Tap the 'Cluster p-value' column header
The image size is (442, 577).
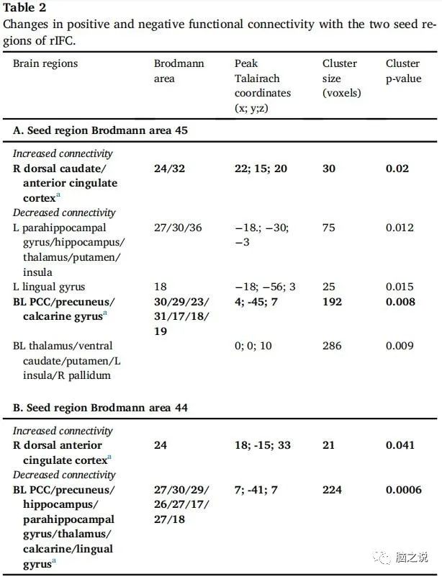(402, 71)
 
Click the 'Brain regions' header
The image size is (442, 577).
(45, 63)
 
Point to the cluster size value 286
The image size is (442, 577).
(333, 346)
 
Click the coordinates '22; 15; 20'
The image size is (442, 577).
(261, 169)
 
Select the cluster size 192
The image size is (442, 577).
(333, 302)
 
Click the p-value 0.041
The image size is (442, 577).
(400, 445)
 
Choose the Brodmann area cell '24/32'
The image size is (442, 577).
(170, 169)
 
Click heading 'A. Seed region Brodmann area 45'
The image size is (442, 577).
(101, 130)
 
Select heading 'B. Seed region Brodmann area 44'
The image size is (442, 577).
(101, 408)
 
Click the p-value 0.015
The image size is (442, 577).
(400, 287)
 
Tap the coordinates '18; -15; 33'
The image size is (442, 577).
(263, 445)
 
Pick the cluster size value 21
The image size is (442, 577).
(329, 445)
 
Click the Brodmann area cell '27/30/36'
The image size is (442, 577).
(177, 228)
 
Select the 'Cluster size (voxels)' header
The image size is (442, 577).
(342, 78)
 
